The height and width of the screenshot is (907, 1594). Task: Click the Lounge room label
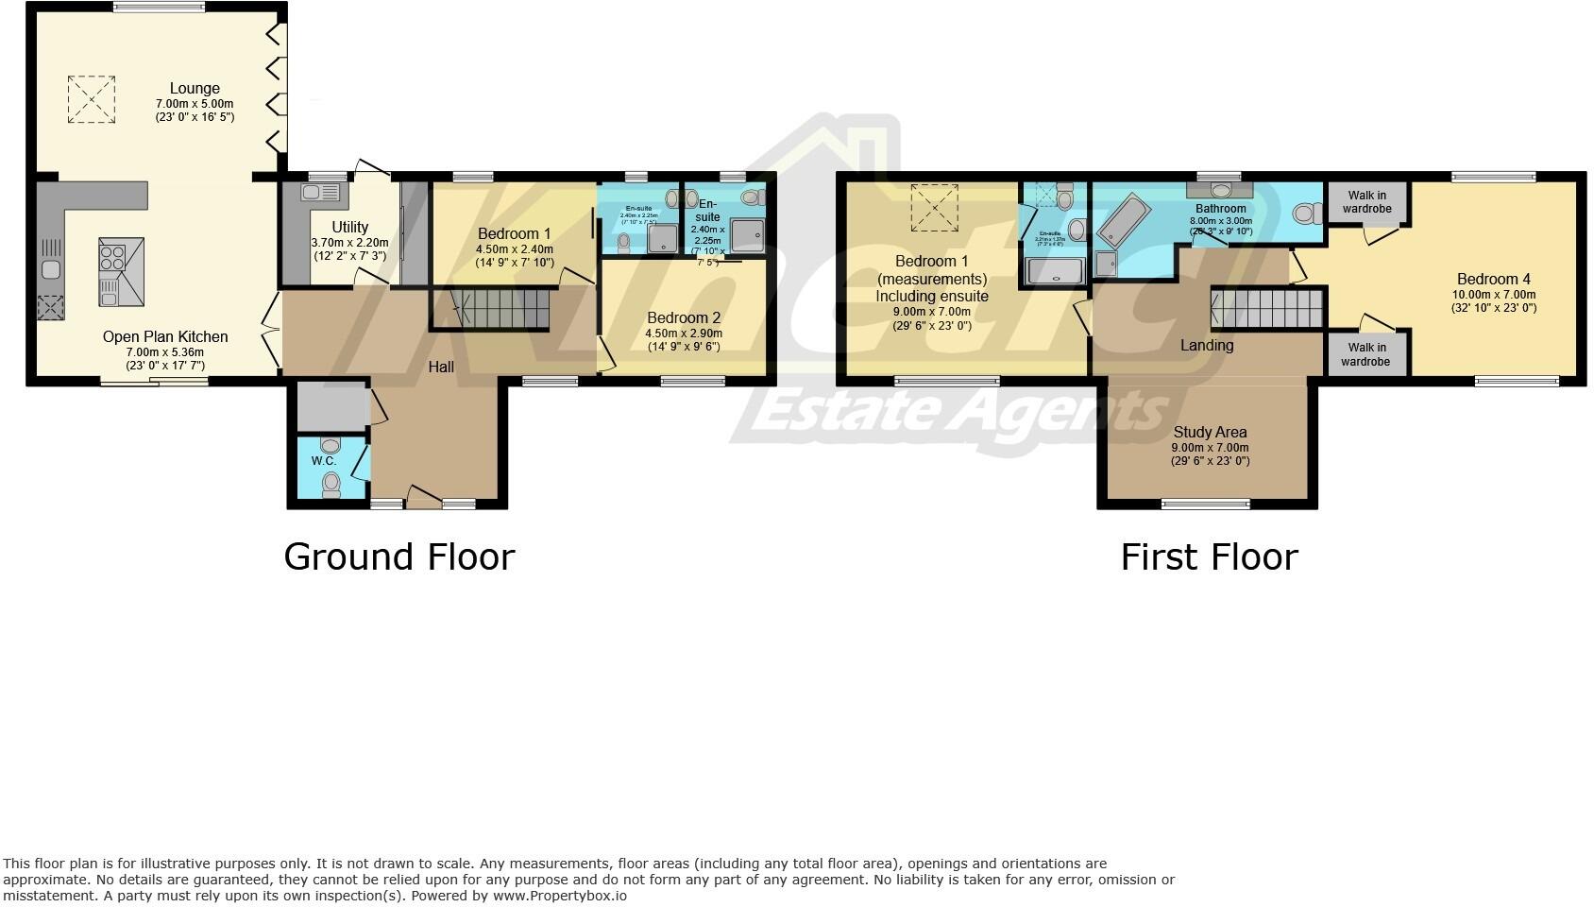pyautogui.click(x=195, y=89)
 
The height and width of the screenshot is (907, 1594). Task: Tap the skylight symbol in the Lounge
pyautogui.click(x=91, y=98)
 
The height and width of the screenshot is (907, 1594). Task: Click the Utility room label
pyautogui.click(x=349, y=227)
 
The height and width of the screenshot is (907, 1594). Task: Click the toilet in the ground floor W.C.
pyautogui.click(x=331, y=485)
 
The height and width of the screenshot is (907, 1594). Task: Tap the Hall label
pyautogui.click(x=441, y=367)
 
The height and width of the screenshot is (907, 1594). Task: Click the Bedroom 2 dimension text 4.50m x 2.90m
pyautogui.click(x=683, y=334)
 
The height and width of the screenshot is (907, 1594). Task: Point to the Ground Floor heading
pyautogui.click(x=398, y=556)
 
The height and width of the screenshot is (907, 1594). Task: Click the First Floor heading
pyautogui.click(x=1209, y=556)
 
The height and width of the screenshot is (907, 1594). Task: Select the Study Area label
pyautogui.click(x=1210, y=432)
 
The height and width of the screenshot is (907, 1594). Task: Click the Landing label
pyautogui.click(x=1206, y=346)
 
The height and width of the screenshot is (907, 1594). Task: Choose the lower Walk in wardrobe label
pyautogui.click(x=1365, y=354)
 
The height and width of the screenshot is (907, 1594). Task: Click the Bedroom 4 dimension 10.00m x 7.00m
pyautogui.click(x=1493, y=294)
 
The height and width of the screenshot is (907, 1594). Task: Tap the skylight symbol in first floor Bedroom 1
pyautogui.click(x=933, y=207)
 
